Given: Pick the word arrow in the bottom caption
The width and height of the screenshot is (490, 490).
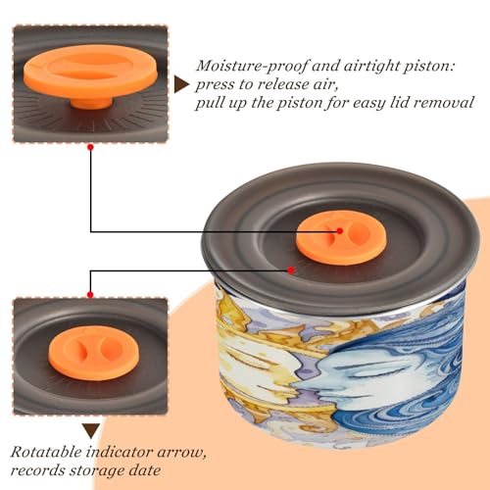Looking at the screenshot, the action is [181, 454].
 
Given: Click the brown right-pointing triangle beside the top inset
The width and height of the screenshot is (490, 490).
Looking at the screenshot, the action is [181, 85].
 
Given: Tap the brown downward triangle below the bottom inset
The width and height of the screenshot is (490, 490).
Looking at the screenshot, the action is [91, 431].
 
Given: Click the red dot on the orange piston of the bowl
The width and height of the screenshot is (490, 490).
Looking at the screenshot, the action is [340, 231].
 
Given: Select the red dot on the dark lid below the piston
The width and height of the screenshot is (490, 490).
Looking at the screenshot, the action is [291, 270].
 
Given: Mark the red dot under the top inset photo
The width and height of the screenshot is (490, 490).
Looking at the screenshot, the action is [91, 148].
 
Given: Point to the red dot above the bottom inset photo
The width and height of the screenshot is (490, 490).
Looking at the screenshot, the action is [90, 295].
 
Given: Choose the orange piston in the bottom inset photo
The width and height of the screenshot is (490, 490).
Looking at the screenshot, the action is [94, 353].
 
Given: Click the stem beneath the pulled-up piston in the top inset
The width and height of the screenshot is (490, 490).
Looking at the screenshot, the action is [91, 102].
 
